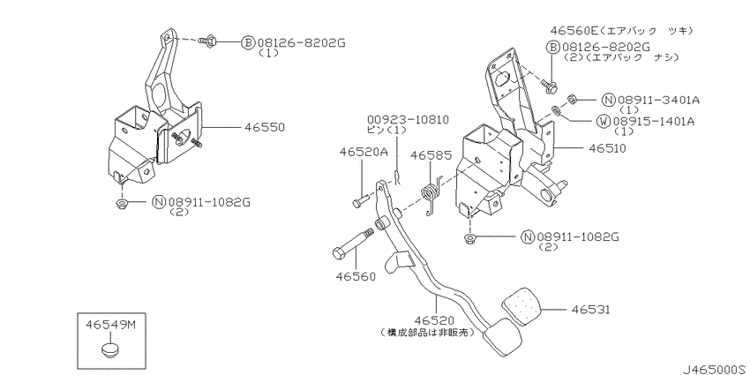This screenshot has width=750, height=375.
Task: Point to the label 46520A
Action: (362, 152)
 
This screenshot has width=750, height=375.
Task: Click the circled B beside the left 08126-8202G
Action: (248, 41)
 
